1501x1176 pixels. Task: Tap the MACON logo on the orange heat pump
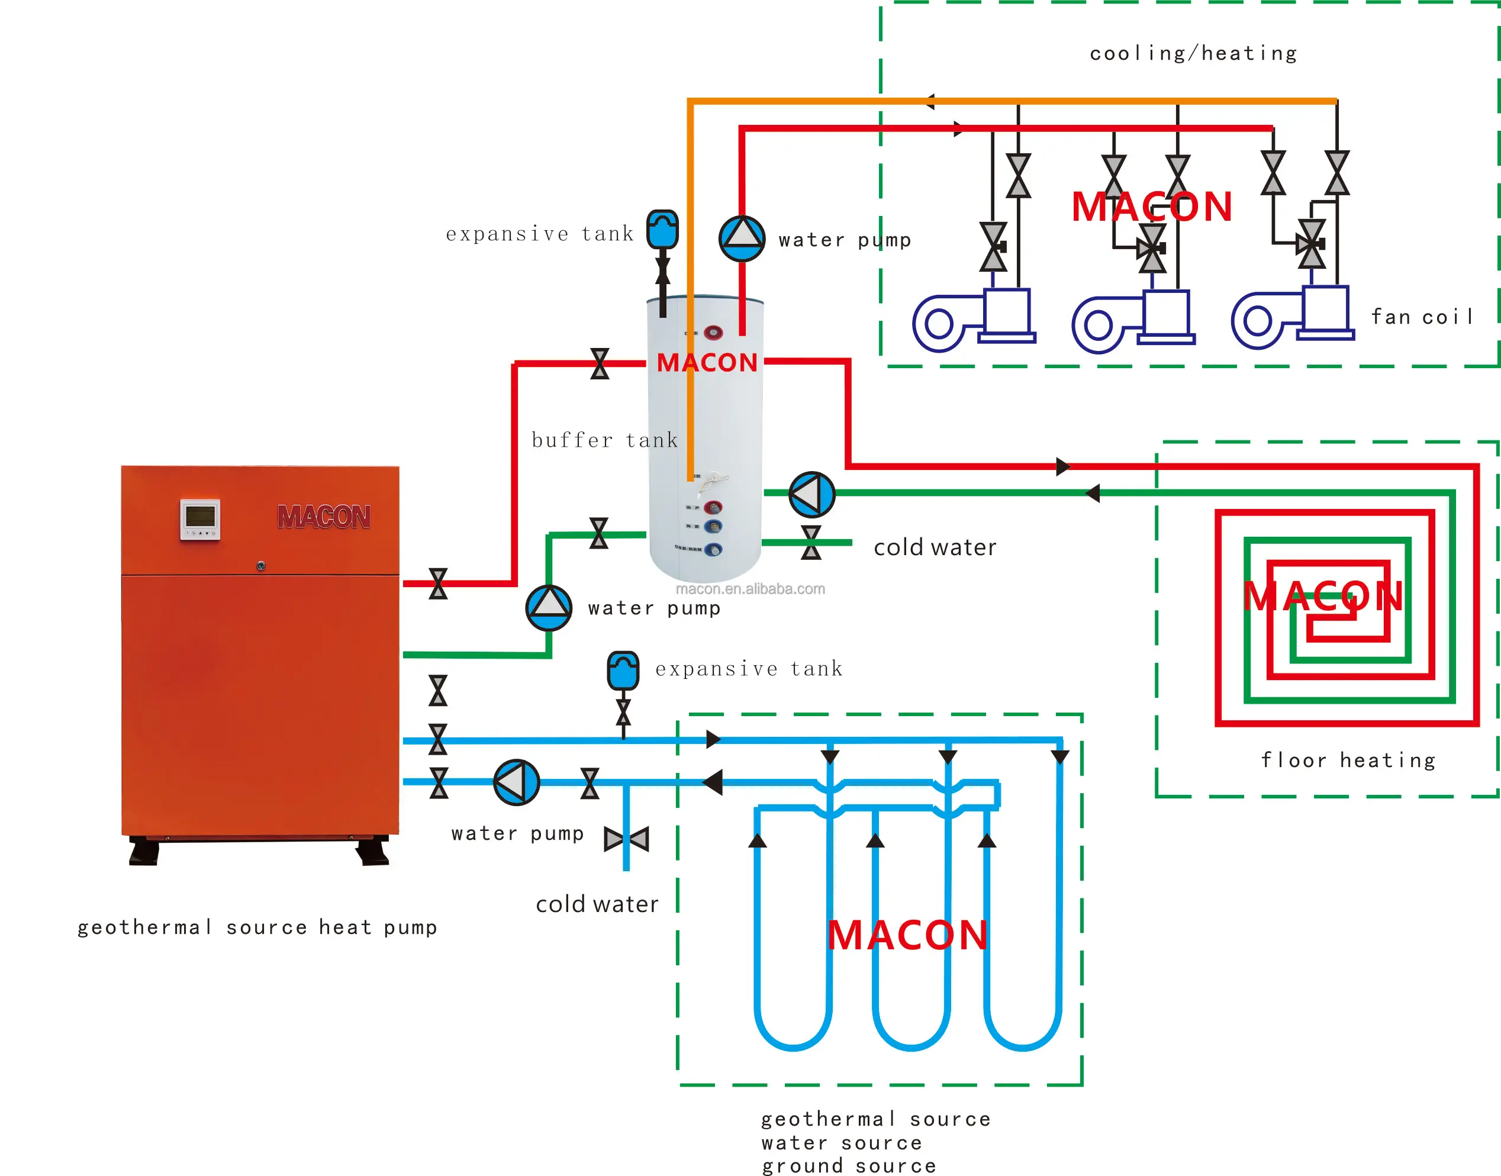pos(323,517)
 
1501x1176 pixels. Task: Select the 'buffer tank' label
pos(604,440)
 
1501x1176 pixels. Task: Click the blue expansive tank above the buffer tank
pos(662,229)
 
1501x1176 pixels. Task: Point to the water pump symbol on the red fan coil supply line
pos(742,239)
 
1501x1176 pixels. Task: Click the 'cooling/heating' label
pos(1193,54)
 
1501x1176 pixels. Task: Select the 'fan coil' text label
pos(1421,317)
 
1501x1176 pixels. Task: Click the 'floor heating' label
pos(1348,760)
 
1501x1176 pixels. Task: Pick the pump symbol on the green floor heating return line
pos(812,494)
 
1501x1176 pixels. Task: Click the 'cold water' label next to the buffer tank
pos(935,547)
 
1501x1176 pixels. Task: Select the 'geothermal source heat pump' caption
pos(257,927)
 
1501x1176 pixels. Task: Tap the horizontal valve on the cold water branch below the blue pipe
pos(626,839)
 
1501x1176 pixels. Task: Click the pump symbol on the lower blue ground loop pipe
pos(516,782)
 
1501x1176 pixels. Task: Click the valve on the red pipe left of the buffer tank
pos(600,363)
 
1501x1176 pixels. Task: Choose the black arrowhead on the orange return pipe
pos(929,102)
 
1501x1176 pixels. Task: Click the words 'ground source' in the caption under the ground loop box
pos(848,1165)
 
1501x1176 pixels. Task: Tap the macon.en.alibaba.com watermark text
pos(750,589)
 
